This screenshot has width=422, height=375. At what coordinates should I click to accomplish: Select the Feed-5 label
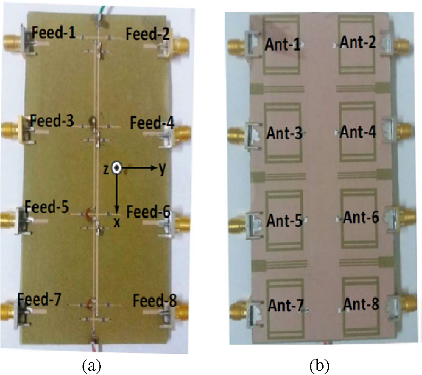click(x=47, y=206)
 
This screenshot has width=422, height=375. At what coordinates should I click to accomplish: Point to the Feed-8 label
click(x=154, y=300)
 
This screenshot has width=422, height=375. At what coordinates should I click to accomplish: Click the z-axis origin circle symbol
click(x=117, y=169)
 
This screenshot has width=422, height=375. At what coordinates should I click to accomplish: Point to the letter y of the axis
click(x=161, y=169)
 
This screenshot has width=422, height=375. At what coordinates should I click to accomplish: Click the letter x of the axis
click(x=117, y=223)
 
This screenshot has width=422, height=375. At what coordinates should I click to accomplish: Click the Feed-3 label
click(x=52, y=121)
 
